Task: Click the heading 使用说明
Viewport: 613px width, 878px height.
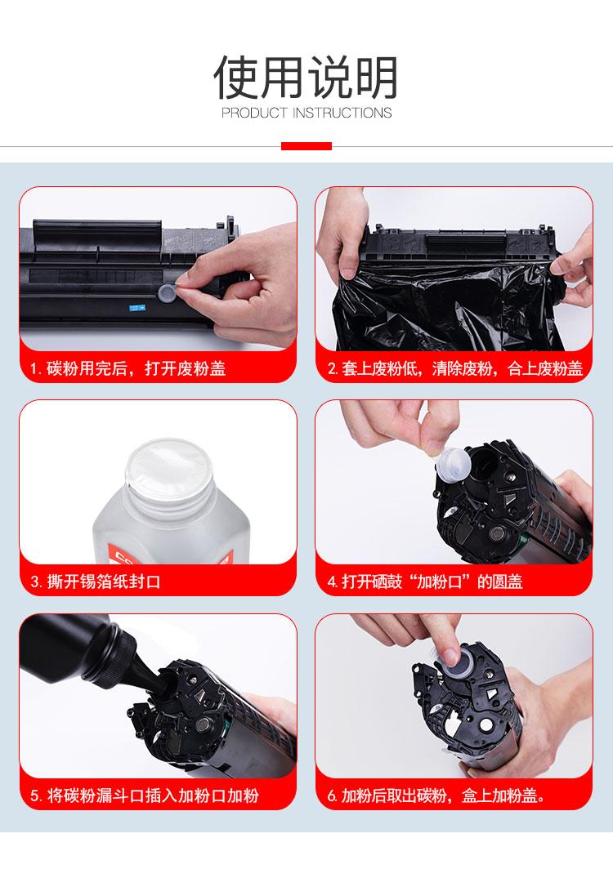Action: pyautogui.click(x=306, y=78)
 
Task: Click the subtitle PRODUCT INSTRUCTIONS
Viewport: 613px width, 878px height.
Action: pyautogui.click(x=306, y=113)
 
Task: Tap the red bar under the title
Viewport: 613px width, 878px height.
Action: pyautogui.click(x=306, y=146)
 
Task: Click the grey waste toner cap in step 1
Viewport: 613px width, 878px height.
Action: pyautogui.click(x=167, y=293)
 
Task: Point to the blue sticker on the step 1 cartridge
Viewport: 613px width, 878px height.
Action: pyautogui.click(x=136, y=308)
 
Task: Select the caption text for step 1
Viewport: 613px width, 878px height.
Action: pyautogui.click(x=128, y=368)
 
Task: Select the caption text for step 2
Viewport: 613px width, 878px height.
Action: pyautogui.click(x=455, y=368)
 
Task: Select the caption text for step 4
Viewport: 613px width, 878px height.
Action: pyautogui.click(x=425, y=582)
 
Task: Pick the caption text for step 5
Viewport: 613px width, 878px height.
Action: pyautogui.click(x=145, y=796)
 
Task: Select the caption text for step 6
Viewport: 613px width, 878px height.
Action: pyautogui.click(x=436, y=796)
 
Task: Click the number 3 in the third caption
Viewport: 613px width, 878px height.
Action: pyautogui.click(x=35, y=582)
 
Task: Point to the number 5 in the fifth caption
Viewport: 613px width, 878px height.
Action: pyautogui.click(x=35, y=796)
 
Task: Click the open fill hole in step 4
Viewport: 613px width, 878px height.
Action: pyautogui.click(x=481, y=471)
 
